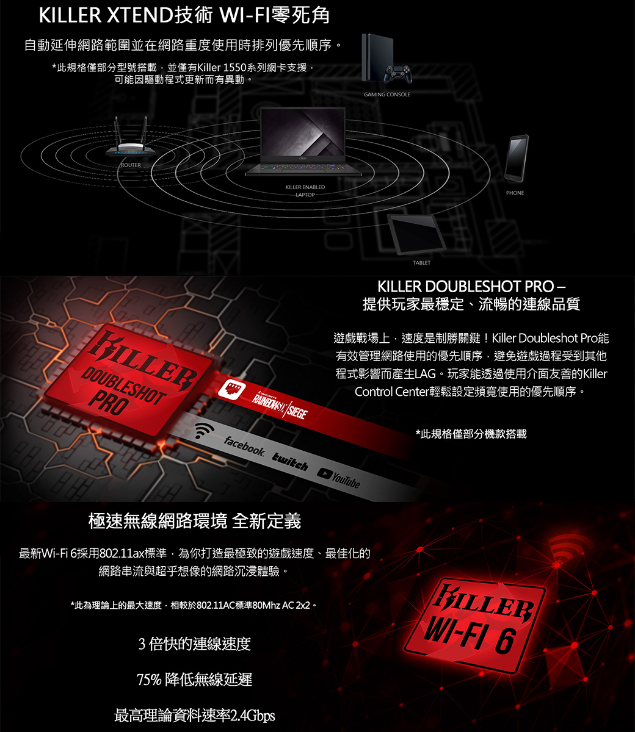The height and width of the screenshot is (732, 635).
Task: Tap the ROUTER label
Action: [131, 165]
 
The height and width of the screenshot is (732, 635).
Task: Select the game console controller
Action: [398, 73]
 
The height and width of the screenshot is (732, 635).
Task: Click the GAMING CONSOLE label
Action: [387, 94]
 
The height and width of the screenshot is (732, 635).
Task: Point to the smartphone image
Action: [517, 158]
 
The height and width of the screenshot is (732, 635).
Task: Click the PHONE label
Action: [515, 193]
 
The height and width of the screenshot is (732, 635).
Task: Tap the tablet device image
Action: [416, 234]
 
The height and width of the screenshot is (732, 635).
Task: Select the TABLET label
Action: [421, 262]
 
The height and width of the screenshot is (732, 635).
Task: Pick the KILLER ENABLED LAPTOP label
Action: [305, 191]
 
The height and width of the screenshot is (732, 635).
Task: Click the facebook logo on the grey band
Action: [244, 446]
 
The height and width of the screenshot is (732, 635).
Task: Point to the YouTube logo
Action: [338, 478]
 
